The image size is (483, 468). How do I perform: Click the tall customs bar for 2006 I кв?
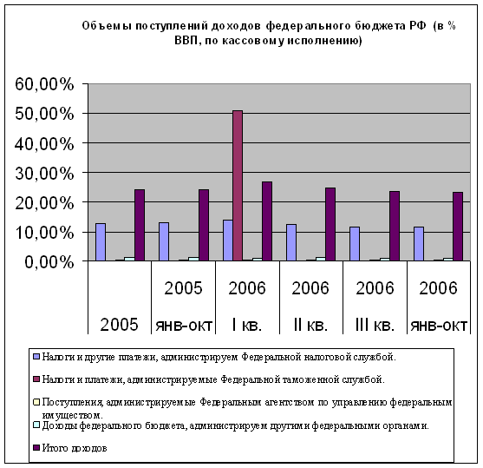click(238, 186)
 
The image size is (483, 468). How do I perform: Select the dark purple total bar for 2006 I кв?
click(267, 221)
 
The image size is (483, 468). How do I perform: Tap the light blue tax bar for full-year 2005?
click(101, 242)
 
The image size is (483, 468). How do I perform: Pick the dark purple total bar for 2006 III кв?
click(395, 226)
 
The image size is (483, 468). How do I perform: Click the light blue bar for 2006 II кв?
click(291, 242)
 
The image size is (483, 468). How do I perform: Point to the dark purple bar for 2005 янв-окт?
click(204, 225)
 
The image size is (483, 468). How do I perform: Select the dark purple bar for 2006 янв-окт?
click(458, 227)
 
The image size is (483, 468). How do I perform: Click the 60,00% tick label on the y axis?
click(45, 84)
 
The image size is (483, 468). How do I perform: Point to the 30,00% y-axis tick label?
click(45, 174)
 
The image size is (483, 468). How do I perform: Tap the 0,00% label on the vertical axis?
click(49, 262)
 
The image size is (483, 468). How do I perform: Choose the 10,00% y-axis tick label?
click(45, 233)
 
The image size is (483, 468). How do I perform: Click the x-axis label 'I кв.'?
click(247, 325)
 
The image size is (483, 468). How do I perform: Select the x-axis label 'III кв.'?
click(375, 325)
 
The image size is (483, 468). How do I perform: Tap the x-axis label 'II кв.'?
click(310, 325)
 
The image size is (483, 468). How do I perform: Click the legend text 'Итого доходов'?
click(75, 448)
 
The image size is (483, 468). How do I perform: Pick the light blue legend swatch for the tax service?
click(36, 357)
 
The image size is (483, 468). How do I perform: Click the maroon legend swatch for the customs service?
click(36, 379)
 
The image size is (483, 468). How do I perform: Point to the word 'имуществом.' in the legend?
click(73, 415)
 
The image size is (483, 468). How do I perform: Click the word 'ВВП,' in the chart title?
click(186, 41)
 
